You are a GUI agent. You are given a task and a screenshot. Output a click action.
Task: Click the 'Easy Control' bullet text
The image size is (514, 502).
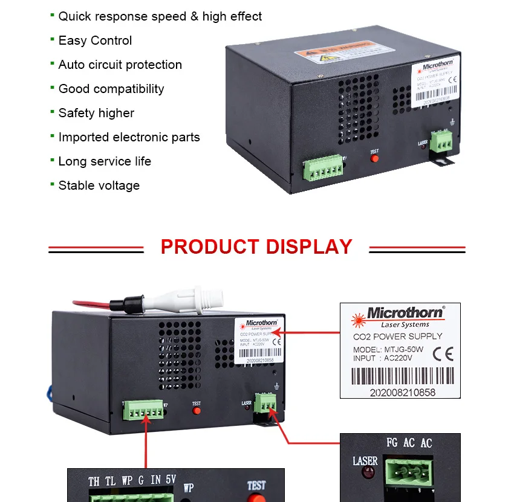coord(95,41)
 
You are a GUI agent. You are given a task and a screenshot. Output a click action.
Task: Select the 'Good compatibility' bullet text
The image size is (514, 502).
coord(111,89)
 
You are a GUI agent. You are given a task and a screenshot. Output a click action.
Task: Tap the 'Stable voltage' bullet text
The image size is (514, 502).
coord(99,186)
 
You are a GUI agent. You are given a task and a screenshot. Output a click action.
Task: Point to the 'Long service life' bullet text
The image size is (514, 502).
coord(105,162)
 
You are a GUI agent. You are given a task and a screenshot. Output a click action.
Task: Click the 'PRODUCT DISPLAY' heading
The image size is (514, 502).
coord(256,247)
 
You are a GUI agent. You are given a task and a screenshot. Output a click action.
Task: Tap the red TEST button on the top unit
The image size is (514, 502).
coord(374,159)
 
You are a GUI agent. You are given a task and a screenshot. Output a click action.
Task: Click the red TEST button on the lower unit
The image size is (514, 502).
coord(197,411)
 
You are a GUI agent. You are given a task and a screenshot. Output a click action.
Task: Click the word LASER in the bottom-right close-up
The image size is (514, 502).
coord(365,462)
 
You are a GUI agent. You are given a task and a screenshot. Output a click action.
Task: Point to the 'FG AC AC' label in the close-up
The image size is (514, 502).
coord(409,443)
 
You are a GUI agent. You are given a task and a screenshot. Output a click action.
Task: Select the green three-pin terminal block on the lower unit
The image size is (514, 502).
coord(266,402)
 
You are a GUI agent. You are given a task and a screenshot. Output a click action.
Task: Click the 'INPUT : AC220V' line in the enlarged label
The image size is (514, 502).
coord(383,358)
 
